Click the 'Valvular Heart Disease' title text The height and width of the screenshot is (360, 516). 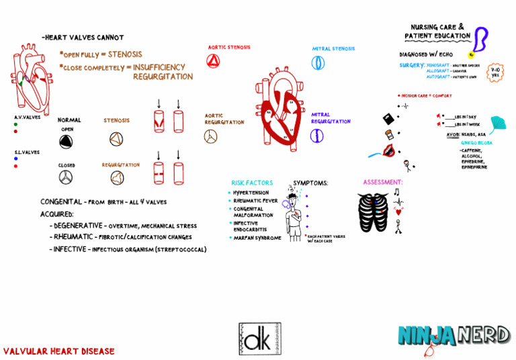click(x=59, y=351)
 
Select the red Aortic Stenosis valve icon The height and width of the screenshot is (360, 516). click(x=214, y=62)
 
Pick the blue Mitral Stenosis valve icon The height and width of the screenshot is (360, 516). click(x=318, y=63)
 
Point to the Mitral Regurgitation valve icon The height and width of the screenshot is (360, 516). click(x=317, y=135)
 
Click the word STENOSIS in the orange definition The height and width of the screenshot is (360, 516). click(x=125, y=54)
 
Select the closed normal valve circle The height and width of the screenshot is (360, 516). click(x=67, y=177)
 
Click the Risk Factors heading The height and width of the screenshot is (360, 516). click(x=252, y=183)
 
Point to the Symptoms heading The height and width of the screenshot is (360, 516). click(x=310, y=183)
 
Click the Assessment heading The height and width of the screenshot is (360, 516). click(x=382, y=183)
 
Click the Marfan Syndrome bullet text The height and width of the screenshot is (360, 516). click(x=257, y=238)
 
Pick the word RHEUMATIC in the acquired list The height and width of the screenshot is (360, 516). click(x=79, y=237)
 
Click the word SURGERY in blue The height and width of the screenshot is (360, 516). click(x=411, y=65)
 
